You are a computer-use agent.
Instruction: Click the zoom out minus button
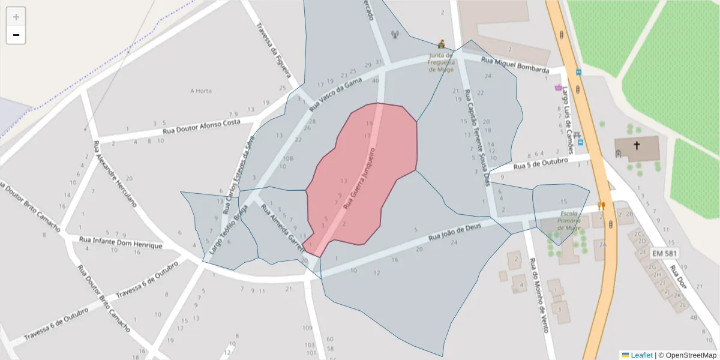coord(16,35)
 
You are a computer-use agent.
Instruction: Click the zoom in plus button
coord(16,17)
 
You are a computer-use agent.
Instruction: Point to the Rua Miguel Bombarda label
coord(515,65)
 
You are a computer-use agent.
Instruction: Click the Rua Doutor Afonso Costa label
coord(202,127)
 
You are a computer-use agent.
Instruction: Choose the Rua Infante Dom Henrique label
coord(121,242)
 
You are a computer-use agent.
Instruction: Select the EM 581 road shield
coord(664,253)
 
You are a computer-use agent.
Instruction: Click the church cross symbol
coord(637,145)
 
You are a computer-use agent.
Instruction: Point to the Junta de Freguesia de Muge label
coord(442,62)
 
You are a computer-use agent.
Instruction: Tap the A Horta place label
coord(201,91)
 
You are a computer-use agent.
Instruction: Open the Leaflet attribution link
coord(641,355)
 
